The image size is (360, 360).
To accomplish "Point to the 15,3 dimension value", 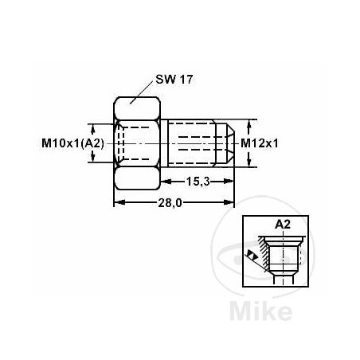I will click(x=198, y=182).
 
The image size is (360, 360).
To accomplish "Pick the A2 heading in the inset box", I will click(x=282, y=225).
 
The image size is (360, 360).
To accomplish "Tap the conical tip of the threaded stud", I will click(x=229, y=143).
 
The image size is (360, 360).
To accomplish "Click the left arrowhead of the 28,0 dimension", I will click(x=117, y=202).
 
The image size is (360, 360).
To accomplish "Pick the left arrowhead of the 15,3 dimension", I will click(x=176, y=182).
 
